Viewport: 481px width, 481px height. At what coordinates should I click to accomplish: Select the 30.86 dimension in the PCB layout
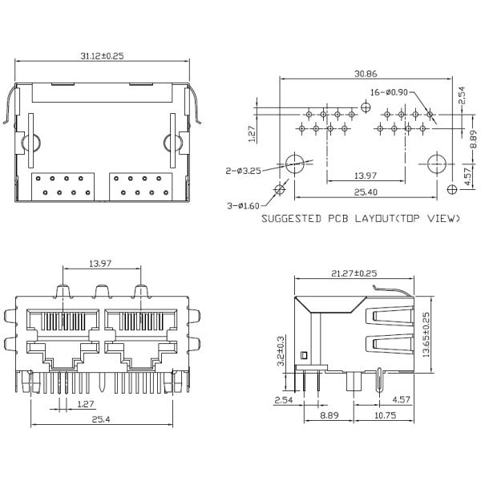(368, 73)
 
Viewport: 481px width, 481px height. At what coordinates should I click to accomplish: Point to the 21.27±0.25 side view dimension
(354, 273)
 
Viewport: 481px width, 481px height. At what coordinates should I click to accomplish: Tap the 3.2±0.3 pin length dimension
(281, 350)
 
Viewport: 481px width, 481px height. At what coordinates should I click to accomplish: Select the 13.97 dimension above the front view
(100, 262)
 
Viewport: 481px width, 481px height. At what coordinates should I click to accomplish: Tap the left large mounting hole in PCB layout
(295, 163)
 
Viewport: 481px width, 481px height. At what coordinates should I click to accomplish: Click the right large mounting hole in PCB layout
(434, 163)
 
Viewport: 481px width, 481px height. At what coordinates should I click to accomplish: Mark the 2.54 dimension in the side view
(283, 398)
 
